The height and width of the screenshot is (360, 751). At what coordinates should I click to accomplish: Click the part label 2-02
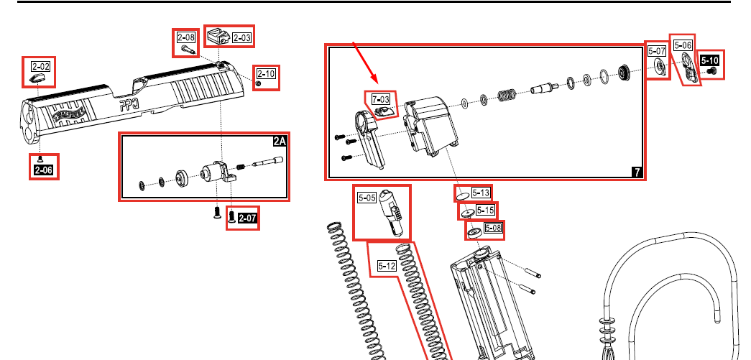coord(39,65)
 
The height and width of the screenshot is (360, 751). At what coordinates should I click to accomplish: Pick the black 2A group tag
coord(280,142)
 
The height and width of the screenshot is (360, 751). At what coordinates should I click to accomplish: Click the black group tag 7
coord(637,172)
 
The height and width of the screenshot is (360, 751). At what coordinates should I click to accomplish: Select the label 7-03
coord(381,98)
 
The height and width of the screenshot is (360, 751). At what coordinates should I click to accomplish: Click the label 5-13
coord(482,193)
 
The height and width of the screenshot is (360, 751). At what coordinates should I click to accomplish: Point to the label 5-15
coord(486,211)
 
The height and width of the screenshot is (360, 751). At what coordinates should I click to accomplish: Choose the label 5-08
coord(492,229)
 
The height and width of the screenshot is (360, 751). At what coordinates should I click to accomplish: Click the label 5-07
coord(656,51)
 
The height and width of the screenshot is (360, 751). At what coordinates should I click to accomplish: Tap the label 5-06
coord(683,45)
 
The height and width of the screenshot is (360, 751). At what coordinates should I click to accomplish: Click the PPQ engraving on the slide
coord(131,105)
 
